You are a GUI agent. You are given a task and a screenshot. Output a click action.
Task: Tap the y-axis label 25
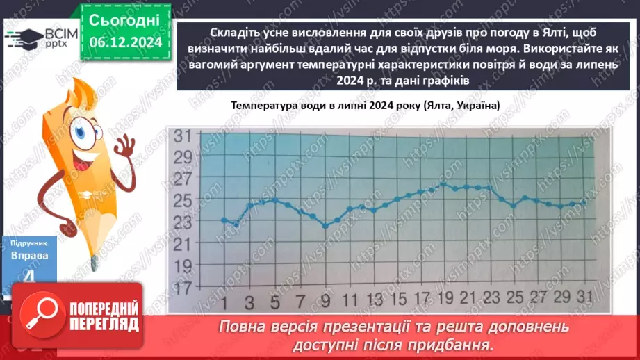pyautogui.click(x=183, y=201)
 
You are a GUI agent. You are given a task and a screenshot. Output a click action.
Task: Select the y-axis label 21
pyautogui.click(x=183, y=244)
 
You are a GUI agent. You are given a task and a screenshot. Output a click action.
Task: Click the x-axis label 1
pyautogui.click(x=224, y=304)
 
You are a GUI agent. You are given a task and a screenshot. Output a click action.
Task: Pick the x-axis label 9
pyautogui.click(x=325, y=304)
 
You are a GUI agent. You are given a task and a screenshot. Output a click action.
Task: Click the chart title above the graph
pyautogui.click(x=366, y=106)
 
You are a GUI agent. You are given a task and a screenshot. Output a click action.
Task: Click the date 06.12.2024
pyautogui.click(x=126, y=42)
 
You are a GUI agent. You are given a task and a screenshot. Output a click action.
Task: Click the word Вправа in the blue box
pyautogui.click(x=29, y=255)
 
